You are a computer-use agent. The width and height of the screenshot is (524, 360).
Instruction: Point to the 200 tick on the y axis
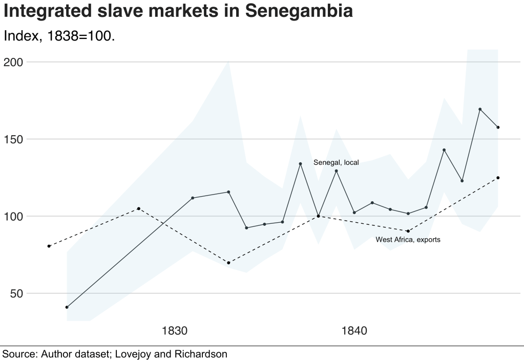point(14,62)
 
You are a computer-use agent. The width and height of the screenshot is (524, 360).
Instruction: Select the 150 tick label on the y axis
point(14,139)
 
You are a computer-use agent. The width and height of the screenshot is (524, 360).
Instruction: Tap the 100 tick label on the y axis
point(14,216)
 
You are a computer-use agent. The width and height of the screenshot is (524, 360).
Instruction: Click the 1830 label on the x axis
point(175,331)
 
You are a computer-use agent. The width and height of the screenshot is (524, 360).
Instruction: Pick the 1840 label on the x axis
point(354,331)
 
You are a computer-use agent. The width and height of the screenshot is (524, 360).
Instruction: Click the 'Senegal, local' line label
point(336,162)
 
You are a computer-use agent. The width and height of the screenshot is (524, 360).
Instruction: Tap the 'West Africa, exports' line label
point(408,239)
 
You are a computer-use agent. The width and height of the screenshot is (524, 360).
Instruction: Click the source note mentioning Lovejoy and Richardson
point(114,353)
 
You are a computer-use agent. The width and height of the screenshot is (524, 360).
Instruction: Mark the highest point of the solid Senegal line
point(480,109)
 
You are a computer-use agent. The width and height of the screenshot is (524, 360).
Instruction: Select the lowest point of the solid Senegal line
point(67,307)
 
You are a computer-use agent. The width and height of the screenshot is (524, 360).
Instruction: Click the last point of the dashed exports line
point(498,178)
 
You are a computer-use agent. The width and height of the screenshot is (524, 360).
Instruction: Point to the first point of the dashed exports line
point(49,246)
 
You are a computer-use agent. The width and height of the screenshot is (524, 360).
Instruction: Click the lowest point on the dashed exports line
point(228,263)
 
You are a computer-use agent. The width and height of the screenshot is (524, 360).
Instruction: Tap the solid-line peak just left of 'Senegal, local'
point(301,164)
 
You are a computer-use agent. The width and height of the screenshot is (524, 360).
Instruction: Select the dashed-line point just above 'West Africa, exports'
point(408,231)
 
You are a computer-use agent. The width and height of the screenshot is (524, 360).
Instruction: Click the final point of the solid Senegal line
point(498,127)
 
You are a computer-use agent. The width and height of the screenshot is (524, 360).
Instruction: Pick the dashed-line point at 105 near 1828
point(139,208)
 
